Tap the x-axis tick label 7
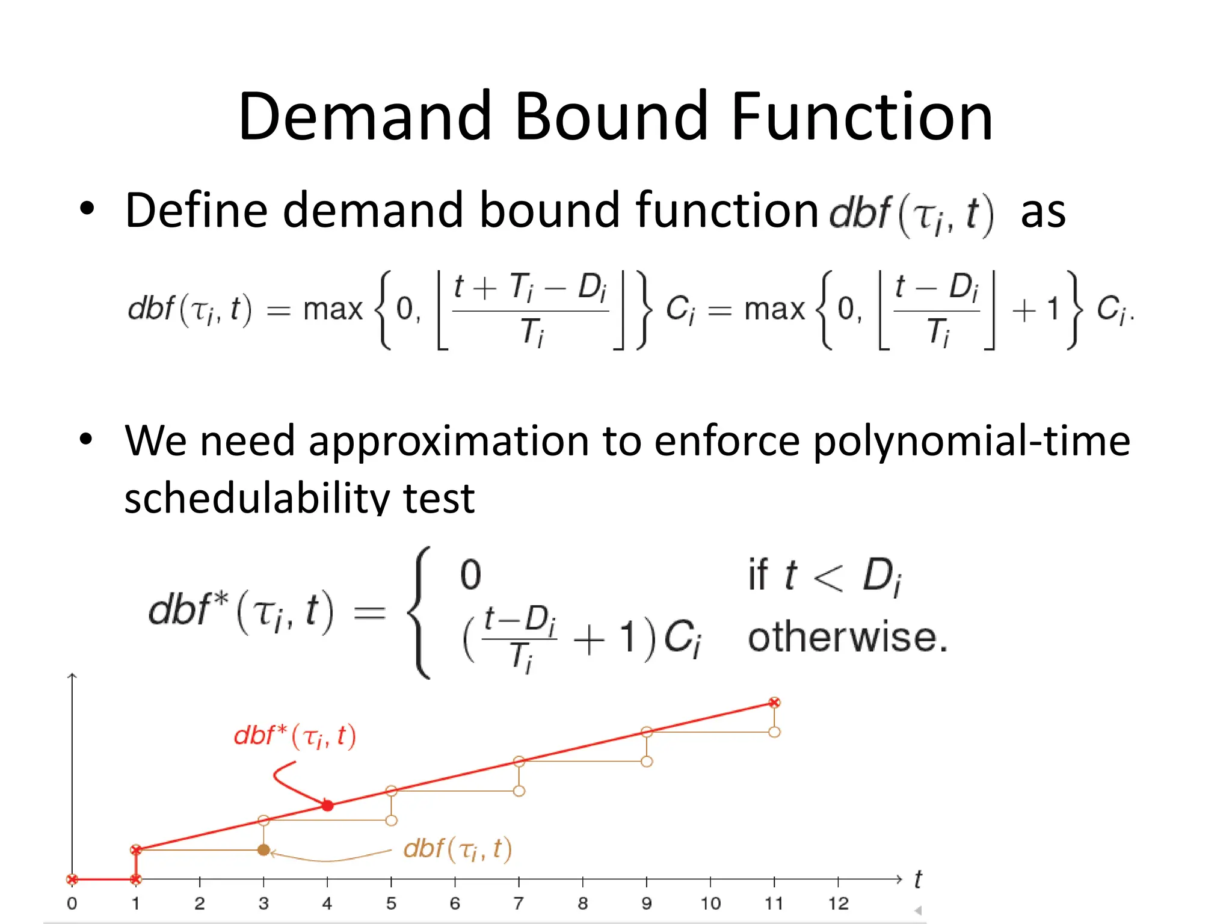pos(519,904)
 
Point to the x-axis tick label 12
pos(838,904)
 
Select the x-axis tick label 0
pos(72,904)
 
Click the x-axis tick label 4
pos(327,904)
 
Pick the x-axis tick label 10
pos(710,904)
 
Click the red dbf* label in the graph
pos(295,736)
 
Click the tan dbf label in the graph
pos(457,849)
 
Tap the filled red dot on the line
pos(327,805)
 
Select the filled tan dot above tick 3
pos(263,850)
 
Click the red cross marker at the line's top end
pos(774,703)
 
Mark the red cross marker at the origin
pos(72,879)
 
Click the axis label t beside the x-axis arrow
pos(918,879)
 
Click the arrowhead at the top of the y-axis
pos(72,676)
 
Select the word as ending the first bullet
pos(1043,212)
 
